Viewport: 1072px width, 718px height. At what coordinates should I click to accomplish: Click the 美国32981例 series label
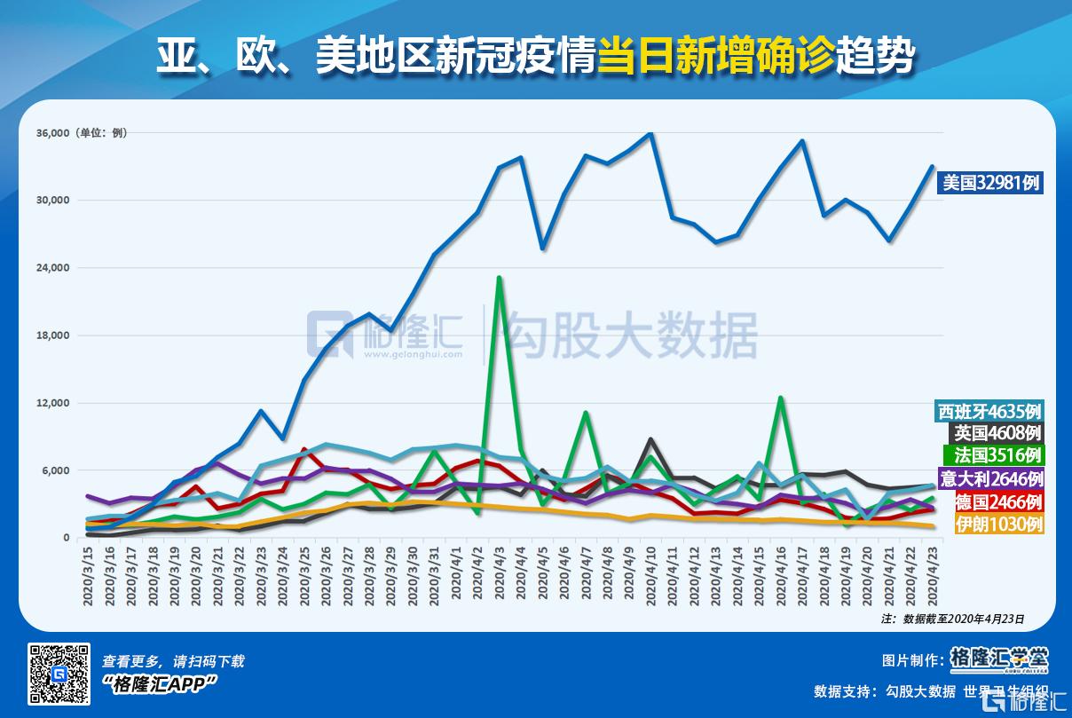click(x=990, y=183)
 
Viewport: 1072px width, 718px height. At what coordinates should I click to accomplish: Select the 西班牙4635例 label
click(x=989, y=412)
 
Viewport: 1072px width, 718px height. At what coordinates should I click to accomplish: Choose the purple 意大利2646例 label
click(x=991, y=479)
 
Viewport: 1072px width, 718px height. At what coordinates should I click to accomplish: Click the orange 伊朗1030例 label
click(x=997, y=525)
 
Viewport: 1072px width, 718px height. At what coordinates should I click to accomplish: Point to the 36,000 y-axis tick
click(x=52, y=133)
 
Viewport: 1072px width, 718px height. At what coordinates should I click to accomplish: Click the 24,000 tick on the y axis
click(x=52, y=268)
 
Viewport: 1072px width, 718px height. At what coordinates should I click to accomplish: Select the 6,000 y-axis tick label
click(x=55, y=470)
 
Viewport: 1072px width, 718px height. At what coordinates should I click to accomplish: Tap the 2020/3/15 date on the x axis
click(x=89, y=577)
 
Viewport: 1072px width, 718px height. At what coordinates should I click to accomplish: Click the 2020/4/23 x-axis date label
click(x=933, y=577)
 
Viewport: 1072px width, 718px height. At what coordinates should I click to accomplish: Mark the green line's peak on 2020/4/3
click(x=500, y=278)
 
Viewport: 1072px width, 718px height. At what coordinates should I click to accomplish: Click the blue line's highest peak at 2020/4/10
click(x=651, y=133)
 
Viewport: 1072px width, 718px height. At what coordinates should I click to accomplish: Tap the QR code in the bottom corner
click(x=59, y=675)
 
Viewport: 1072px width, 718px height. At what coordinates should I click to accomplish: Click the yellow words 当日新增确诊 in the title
click(x=715, y=58)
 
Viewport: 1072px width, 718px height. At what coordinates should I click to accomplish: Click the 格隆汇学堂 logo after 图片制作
click(x=998, y=659)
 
